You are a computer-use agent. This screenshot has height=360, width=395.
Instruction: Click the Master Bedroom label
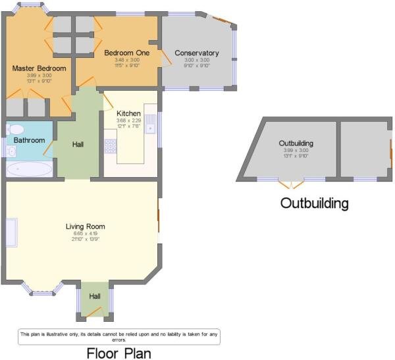pyautogui.click(x=39, y=68)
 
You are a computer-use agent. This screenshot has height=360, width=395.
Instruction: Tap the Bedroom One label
pyautogui.click(x=127, y=53)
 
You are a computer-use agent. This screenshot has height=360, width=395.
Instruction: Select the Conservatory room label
pyautogui.click(x=196, y=53)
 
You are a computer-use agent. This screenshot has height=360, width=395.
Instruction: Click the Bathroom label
pyautogui.click(x=30, y=140)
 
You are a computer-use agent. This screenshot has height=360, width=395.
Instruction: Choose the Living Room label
pyautogui.click(x=85, y=226)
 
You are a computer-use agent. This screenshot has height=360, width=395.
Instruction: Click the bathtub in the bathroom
pyautogui.click(x=29, y=170)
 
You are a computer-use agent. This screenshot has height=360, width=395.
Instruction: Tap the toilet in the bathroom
pyautogui.click(x=14, y=129)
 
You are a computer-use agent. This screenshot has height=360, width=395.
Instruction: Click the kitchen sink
pyautogui.click(x=150, y=123)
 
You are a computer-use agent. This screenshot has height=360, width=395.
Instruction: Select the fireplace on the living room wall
pyautogui.click(x=11, y=232)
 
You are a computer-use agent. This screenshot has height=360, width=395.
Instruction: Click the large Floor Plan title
pyautogui.click(x=118, y=353)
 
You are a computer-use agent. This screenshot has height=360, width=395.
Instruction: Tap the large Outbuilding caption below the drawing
pyautogui.click(x=314, y=202)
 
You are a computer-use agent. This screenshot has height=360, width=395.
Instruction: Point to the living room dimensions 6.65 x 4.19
pyautogui.click(x=85, y=234)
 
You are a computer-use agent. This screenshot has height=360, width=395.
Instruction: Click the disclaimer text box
pyautogui.click(x=118, y=336)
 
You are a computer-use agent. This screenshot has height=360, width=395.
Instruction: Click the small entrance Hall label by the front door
pyautogui.click(x=95, y=297)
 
